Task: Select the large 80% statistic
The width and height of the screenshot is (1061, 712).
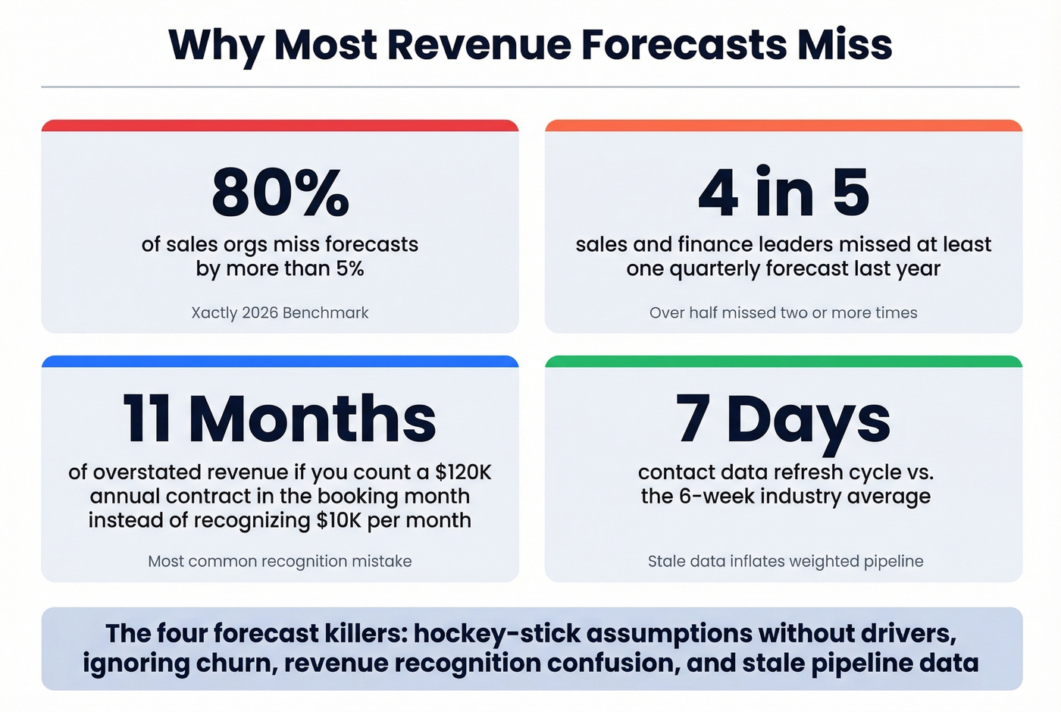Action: (x=280, y=193)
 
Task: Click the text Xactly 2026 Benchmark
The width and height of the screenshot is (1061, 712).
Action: (x=280, y=312)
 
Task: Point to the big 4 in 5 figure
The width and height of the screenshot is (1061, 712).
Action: (x=783, y=193)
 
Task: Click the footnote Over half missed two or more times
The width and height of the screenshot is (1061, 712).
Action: (x=783, y=312)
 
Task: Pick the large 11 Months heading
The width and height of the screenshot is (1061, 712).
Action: (x=280, y=419)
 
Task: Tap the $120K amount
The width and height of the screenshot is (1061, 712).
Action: (x=463, y=472)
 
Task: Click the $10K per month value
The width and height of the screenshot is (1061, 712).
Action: (x=393, y=520)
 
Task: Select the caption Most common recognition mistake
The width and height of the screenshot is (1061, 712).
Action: (x=280, y=561)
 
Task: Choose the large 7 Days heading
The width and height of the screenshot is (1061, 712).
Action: (x=783, y=419)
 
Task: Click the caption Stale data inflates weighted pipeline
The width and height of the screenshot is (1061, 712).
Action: (x=785, y=561)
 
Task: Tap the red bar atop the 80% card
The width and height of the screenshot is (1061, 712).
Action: (x=280, y=126)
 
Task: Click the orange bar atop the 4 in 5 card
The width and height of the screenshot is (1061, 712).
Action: (x=783, y=126)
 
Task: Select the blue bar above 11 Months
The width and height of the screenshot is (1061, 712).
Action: (x=280, y=362)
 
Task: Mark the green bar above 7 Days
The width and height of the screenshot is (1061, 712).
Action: (x=783, y=362)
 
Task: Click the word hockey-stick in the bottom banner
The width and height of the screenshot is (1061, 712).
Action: (x=497, y=633)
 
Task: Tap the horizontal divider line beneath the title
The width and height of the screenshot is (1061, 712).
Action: (x=530, y=87)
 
